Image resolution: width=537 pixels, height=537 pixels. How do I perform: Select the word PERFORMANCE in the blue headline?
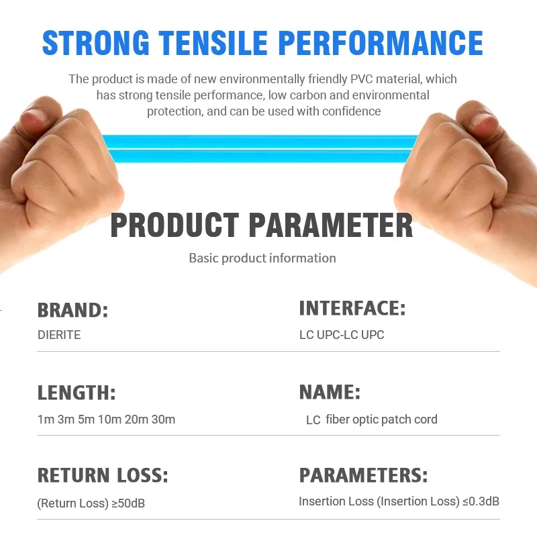pos(381,43)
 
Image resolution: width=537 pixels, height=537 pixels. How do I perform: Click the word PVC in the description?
pos(361,79)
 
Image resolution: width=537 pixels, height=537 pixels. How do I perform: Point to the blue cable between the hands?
pos(260,148)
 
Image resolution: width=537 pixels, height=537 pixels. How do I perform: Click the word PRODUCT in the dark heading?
pos(175,225)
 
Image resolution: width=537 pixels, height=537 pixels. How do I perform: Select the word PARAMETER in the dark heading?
pos(330,225)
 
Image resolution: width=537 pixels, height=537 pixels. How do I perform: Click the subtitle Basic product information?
pos(262,258)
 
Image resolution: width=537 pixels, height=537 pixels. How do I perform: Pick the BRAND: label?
pos(72,310)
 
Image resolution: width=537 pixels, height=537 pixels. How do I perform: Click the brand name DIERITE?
pos(59,335)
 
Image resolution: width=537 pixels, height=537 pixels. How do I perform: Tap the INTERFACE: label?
pos(352,308)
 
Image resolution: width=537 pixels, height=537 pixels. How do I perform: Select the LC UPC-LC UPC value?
pos(342,335)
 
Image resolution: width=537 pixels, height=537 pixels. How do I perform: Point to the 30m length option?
pos(163,420)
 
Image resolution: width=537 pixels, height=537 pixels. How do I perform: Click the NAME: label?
pos(330,392)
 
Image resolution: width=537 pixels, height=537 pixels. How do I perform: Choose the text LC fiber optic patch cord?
pos(372,420)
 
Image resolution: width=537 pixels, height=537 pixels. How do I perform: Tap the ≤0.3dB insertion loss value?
pos(481,501)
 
